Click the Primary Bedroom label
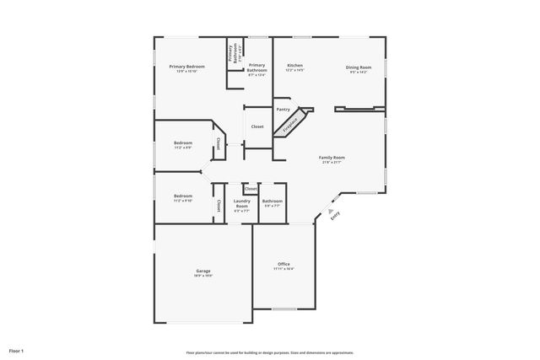[186, 67]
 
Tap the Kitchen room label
[294, 66]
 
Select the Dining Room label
[358, 67]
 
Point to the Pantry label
[283, 110]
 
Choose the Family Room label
[332, 158]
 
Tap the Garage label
[203, 271]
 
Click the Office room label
[283, 265]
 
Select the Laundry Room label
[242, 202]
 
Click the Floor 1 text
[16, 350]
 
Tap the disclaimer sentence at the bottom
[269, 352]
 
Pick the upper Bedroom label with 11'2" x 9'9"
[183, 143]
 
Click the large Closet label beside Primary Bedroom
[257, 126]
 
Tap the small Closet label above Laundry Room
[251, 189]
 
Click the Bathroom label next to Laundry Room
[273, 201]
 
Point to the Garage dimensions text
[203, 276]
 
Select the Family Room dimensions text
[332, 163]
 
